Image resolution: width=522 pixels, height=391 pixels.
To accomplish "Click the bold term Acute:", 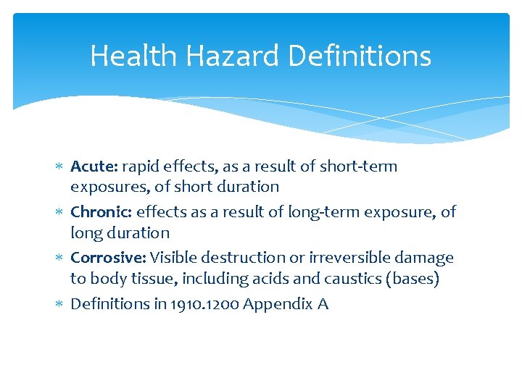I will click(x=94, y=167).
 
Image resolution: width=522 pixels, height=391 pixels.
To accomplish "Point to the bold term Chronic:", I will click(x=101, y=212).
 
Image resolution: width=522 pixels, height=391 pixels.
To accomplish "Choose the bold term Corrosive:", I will click(x=109, y=258).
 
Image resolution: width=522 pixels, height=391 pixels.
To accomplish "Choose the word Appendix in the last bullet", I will click(x=278, y=304).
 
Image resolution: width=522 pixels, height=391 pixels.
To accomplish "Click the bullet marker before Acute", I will click(x=61, y=167).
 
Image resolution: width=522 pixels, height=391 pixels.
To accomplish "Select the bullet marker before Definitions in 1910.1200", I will click(x=61, y=304).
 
